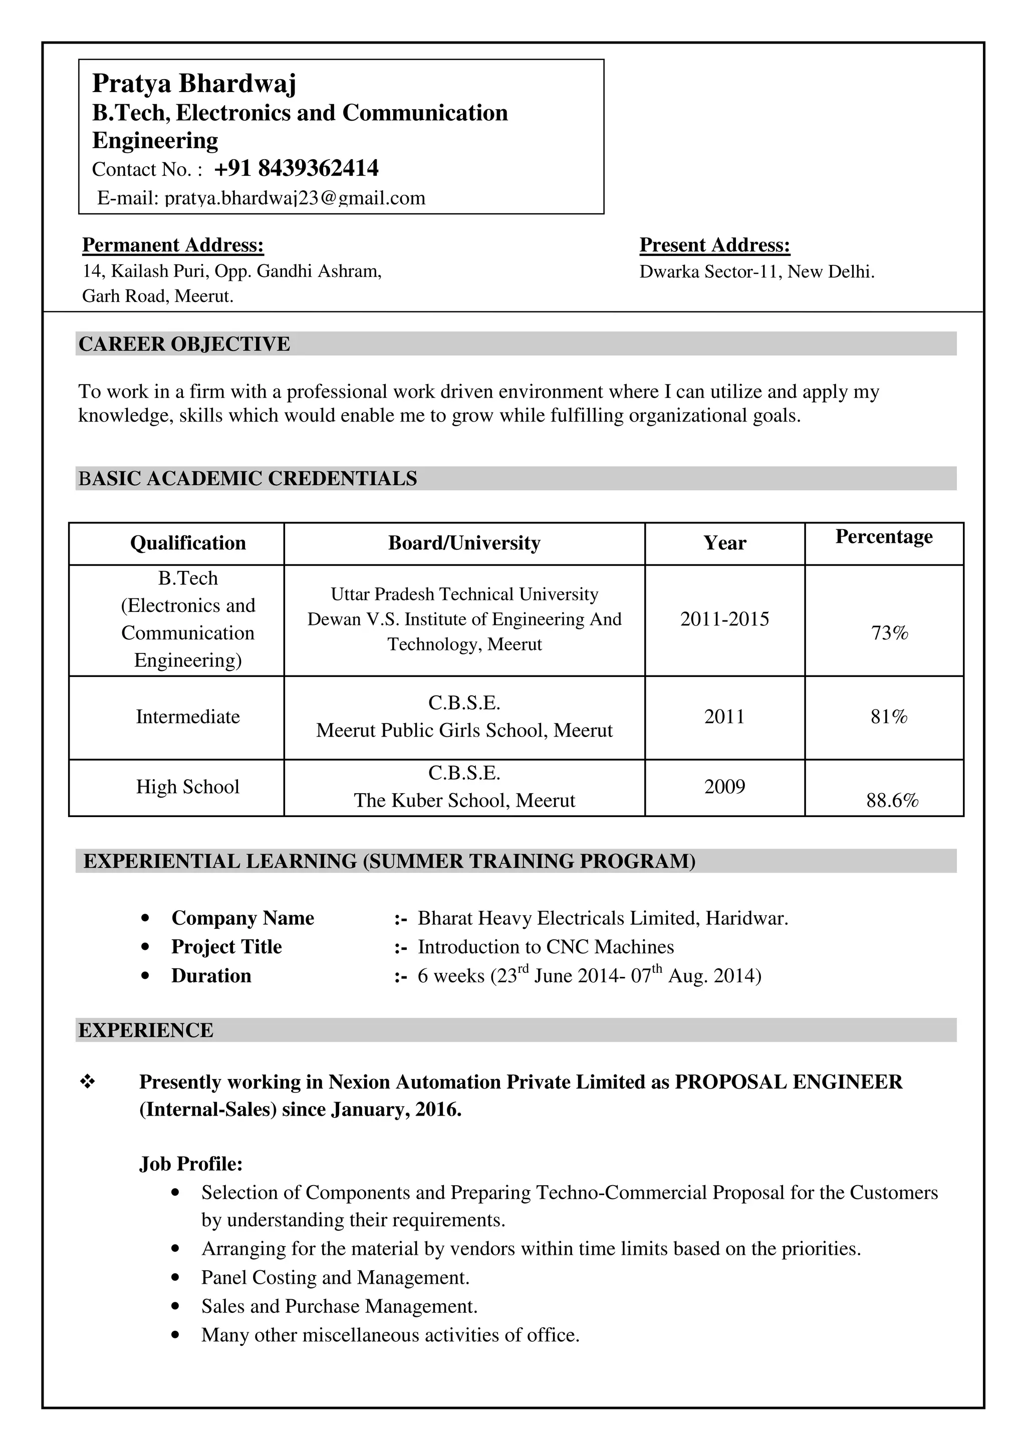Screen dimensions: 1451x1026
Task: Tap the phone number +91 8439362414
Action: point(296,169)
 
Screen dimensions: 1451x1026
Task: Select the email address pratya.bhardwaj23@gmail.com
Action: point(294,198)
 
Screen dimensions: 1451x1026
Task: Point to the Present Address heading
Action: point(714,245)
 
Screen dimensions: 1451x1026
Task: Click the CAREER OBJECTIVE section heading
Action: point(184,344)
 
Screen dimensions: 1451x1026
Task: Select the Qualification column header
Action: point(188,543)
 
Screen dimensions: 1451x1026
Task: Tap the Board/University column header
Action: point(464,543)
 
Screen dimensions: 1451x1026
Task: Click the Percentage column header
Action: point(883,537)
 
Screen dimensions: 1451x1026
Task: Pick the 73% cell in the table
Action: point(889,632)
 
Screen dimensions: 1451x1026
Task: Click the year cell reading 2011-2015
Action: point(724,619)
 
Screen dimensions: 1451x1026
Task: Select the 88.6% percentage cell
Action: point(891,801)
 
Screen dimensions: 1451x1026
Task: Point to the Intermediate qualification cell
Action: point(188,716)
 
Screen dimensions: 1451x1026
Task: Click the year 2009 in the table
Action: point(724,787)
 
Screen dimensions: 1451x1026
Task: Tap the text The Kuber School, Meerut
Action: point(464,801)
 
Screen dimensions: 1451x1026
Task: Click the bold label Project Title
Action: point(226,947)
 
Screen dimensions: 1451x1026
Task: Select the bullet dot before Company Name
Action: point(146,918)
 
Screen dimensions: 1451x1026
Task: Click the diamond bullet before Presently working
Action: point(87,1082)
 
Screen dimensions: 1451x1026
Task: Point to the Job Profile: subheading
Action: point(191,1164)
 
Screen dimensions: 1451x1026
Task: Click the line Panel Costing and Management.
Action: point(335,1278)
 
